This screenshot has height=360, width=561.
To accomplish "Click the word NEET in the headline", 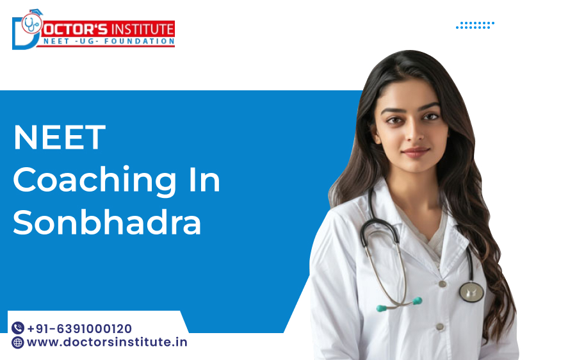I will click(x=59, y=138).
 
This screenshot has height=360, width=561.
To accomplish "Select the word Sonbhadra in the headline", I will click(x=107, y=222).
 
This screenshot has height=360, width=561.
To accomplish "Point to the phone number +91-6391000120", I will click(x=79, y=329).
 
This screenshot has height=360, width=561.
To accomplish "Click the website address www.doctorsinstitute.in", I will click(x=107, y=342).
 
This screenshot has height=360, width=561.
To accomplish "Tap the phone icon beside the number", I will click(x=18, y=329).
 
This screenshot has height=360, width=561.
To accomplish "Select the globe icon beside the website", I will click(x=18, y=342).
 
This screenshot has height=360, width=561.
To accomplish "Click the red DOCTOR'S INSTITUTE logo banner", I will click(x=109, y=29).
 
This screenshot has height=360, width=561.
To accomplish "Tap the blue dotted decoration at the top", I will click(x=475, y=25).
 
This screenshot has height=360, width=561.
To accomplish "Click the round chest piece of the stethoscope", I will click(x=471, y=291).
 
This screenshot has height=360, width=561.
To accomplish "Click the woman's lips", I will click(x=415, y=152).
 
